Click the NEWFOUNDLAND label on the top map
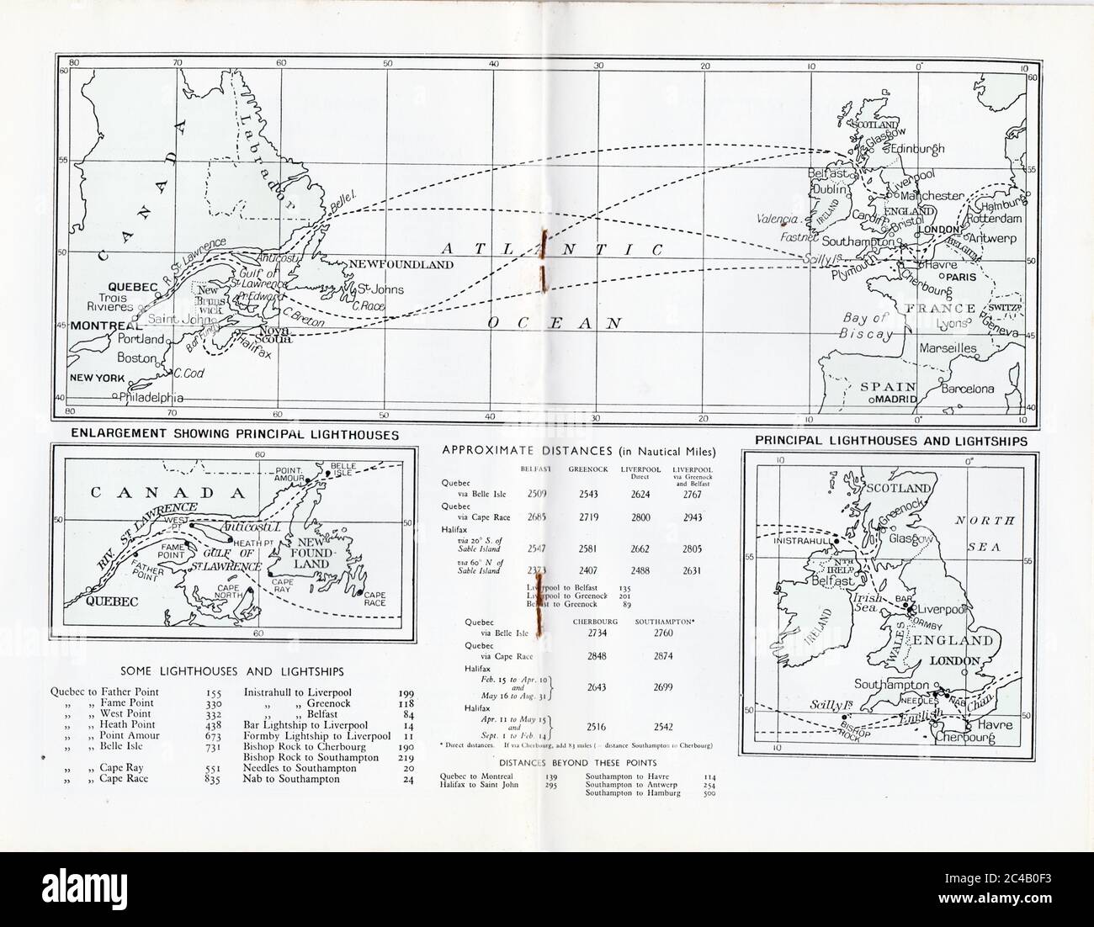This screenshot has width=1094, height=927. [x=401, y=264]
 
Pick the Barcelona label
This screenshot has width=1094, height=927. [x=967, y=389]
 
